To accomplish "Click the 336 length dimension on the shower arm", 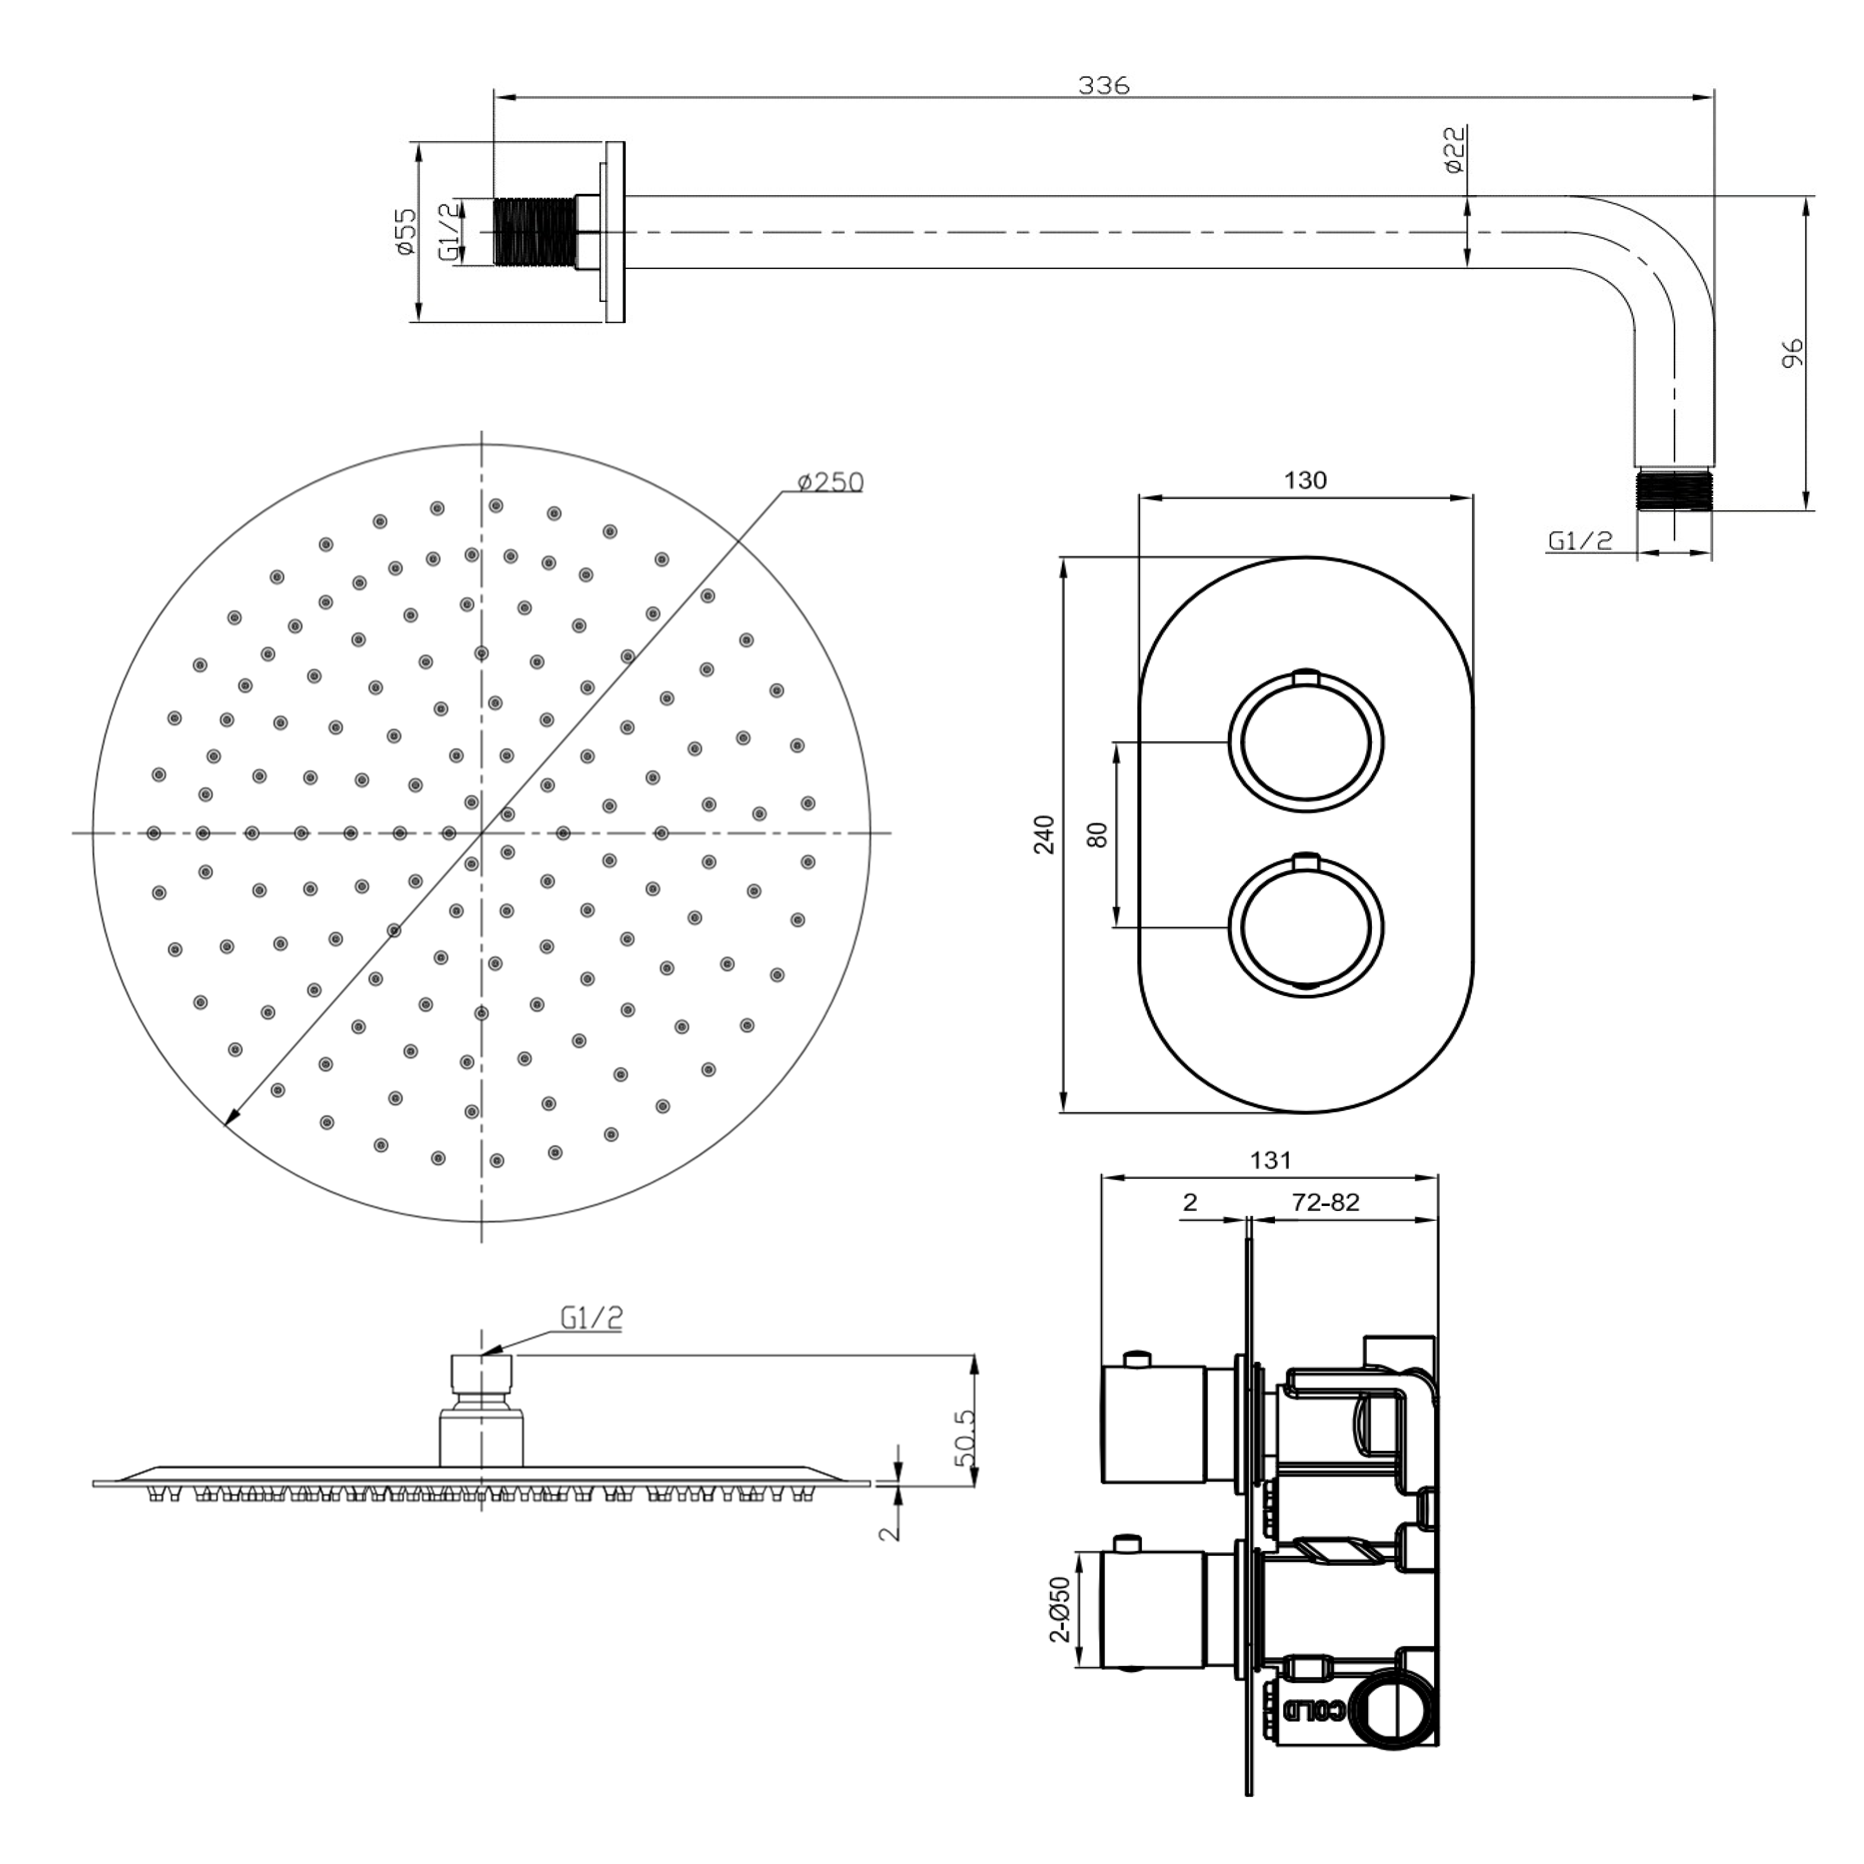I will pyautogui.click(x=1103, y=85).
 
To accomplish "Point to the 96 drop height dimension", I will pyautogui.click(x=1792, y=353).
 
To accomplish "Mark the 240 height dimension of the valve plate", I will pyautogui.click(x=1044, y=834).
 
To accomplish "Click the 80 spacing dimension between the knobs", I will pyautogui.click(x=1097, y=834).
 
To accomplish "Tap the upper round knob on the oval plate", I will pyautogui.click(x=1305, y=743).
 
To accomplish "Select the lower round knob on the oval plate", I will pyautogui.click(x=1305, y=926).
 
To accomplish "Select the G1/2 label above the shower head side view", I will pyautogui.click(x=590, y=1318).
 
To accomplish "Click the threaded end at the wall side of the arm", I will pyautogui.click(x=534, y=232).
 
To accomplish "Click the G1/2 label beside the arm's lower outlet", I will pyautogui.click(x=1579, y=541).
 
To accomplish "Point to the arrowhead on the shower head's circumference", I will pyautogui.click(x=230, y=1119).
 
